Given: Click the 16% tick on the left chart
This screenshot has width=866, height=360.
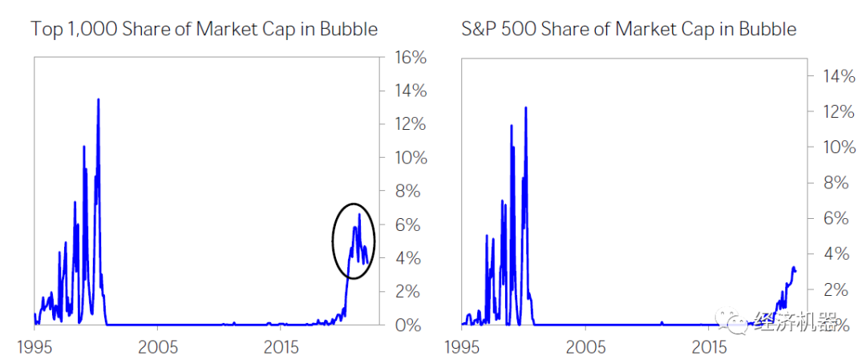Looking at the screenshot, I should (x=408, y=58).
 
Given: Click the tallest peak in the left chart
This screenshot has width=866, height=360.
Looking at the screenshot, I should (x=98, y=99).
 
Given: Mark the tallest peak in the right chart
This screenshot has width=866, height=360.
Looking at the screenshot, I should (x=525, y=107).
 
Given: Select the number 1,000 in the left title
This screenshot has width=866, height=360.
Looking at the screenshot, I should (x=96, y=30).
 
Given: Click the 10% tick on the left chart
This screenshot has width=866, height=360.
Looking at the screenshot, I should (x=408, y=158).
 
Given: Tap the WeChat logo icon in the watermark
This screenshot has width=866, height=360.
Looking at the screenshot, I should (x=734, y=322).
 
